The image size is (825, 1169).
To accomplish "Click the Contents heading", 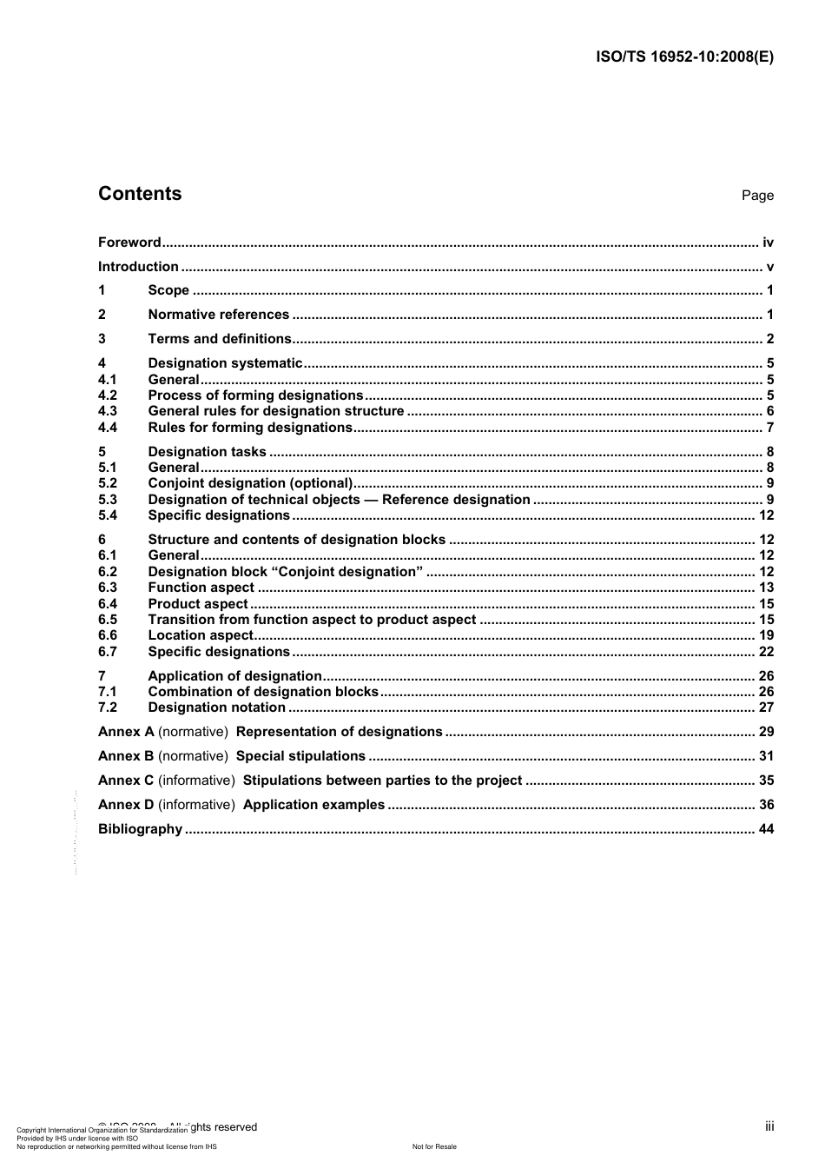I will (140, 194).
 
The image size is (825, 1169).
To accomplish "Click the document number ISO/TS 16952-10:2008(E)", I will (684, 57).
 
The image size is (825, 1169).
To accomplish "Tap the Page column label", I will (757, 196).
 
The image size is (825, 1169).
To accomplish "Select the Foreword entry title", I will (129, 242).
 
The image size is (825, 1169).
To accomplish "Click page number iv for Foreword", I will (768, 242).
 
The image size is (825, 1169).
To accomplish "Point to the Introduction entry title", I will (138, 267).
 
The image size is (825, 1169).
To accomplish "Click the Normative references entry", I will (218, 315).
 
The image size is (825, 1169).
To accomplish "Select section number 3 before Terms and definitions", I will (102, 339).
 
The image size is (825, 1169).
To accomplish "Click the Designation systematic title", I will (225, 363).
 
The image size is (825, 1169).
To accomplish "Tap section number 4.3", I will (107, 411).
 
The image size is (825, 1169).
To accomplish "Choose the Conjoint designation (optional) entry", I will (250, 483).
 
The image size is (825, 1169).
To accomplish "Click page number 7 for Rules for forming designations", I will (769, 428).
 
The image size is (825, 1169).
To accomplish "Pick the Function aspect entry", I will (201, 588).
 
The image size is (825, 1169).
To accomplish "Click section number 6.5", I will (107, 620).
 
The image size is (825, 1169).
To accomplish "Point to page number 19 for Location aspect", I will (766, 635).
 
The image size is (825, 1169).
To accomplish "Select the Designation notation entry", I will (216, 707).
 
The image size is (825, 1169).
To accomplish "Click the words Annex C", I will (126, 780).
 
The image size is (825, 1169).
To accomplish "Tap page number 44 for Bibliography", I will (766, 829).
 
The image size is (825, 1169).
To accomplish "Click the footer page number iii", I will (769, 1126).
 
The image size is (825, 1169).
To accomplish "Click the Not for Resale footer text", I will (434, 1146).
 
